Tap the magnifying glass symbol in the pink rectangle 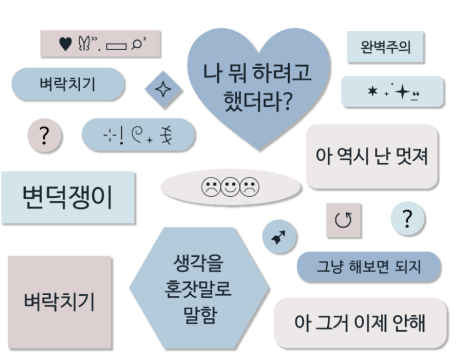coord(137,44)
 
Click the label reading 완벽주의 coord(385,47)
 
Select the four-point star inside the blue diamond coord(163,90)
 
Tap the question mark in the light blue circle coord(407,219)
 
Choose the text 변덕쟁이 coord(68,197)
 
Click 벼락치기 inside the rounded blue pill coord(68,84)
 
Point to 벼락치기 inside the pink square coord(59,302)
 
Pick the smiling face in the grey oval coord(230,187)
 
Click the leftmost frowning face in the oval coord(211,187)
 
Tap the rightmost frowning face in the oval coord(250,187)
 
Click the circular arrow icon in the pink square coord(343,221)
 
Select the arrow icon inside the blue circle coord(279,237)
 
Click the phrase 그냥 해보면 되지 coord(369,267)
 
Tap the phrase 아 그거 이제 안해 coord(360,323)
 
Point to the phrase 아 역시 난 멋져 coord(371,157)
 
